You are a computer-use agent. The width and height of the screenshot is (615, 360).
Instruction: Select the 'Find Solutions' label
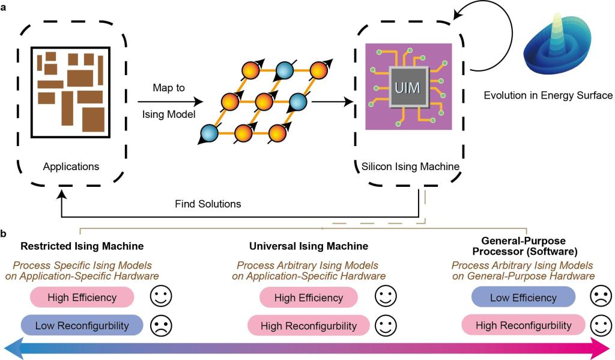tap(208, 204)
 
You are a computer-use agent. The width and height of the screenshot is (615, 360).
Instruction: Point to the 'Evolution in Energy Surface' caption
tap(548, 95)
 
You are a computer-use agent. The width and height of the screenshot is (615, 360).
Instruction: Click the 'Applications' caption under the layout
tap(71, 166)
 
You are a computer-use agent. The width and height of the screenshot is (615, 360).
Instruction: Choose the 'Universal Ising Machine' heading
tap(309, 246)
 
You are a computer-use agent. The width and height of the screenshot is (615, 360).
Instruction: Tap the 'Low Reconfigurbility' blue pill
tap(82, 325)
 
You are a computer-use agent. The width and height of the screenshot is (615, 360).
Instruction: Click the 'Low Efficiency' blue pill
tap(523, 297)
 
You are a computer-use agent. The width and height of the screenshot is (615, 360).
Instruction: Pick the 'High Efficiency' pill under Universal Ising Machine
tap(309, 297)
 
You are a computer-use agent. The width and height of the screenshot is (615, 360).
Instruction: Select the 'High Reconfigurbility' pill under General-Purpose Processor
tap(523, 325)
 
